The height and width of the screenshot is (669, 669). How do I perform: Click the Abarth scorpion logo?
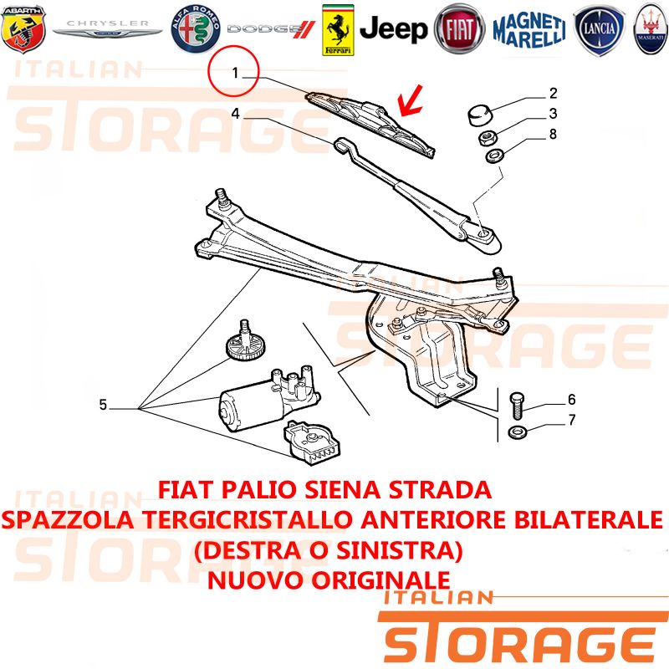coord(23,29)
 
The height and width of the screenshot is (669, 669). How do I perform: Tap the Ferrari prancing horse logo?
coord(338,30)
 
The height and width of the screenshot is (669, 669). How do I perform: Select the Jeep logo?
coord(393,29)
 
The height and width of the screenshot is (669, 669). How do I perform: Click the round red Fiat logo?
coord(459,29)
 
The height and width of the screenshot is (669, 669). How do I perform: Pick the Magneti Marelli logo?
coord(529,30)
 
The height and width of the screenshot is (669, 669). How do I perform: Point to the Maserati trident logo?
coord(651,29)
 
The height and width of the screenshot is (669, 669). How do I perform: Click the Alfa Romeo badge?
coord(196,29)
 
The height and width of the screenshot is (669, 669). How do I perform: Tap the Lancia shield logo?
coord(600,30)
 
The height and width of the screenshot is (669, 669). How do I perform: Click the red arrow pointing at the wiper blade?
coord(411,100)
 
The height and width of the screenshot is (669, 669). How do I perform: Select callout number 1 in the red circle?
coord(235,73)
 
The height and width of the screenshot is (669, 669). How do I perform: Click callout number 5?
coord(103,405)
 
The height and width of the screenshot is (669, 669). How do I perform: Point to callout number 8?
coord(553,134)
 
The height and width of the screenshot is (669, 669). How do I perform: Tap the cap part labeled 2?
coord(480,115)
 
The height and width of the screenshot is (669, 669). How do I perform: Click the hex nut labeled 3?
coord(486,138)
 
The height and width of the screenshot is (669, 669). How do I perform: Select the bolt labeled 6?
coord(517,406)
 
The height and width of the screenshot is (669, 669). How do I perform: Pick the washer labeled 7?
coord(518,432)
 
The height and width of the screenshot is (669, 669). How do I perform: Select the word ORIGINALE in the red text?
coord(380,580)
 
